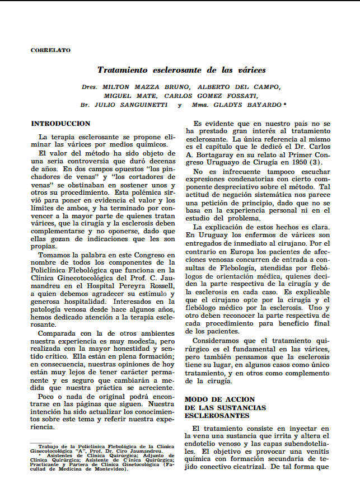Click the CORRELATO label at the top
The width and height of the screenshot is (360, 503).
pos(50,50)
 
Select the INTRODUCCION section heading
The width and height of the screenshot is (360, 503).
pos(60,123)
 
